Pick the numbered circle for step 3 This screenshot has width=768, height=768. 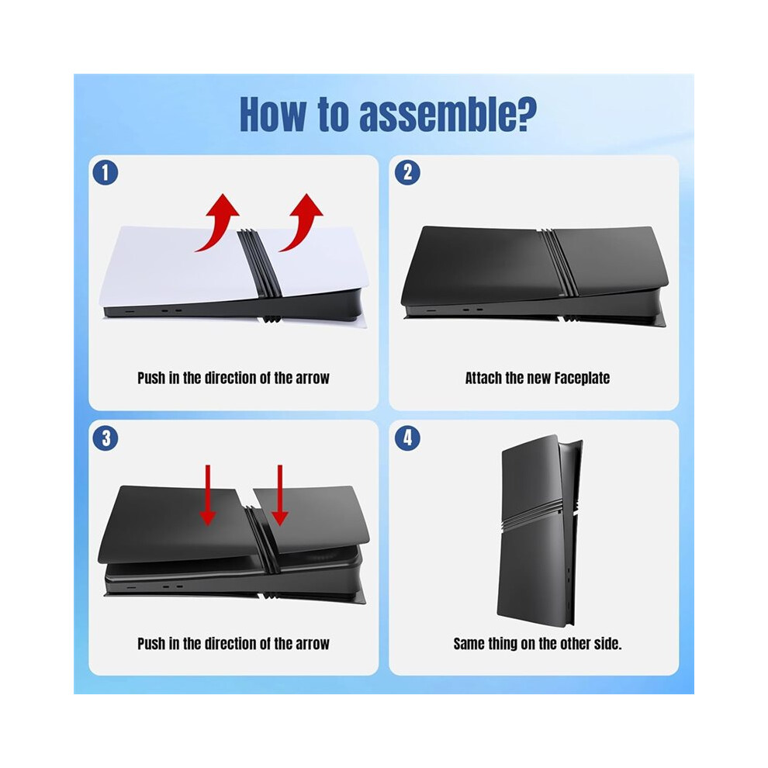[x=106, y=438]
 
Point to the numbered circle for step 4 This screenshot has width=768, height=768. [x=407, y=438]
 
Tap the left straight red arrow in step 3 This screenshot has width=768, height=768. [x=208, y=495]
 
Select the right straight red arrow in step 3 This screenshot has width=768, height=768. [x=280, y=495]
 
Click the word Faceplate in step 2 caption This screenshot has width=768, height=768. [x=582, y=378]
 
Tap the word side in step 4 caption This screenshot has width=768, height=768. [x=607, y=644]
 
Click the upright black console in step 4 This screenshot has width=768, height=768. [x=539, y=531]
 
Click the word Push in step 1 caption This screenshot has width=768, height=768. [x=151, y=378]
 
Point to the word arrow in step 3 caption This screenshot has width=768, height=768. [x=313, y=644]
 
